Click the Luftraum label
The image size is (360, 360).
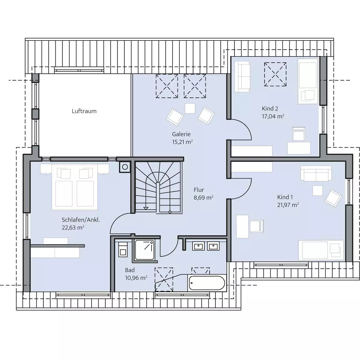coord(84,111)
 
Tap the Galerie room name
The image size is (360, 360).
coord(181,134)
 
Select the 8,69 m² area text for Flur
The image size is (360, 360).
coord(203,197)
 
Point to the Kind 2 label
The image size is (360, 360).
coord(270,109)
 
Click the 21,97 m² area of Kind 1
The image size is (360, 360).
coord(288,205)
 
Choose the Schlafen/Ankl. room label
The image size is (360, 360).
coord(81,220)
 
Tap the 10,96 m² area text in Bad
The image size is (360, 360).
coord(136,278)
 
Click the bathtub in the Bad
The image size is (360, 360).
coord(207,283)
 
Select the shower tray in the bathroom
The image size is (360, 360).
coord(145,250)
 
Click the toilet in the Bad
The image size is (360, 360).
coord(123,249)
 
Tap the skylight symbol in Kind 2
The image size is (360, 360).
coord(275,74)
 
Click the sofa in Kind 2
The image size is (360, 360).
coord(242,76)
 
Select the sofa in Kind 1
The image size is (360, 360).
coord(316,173)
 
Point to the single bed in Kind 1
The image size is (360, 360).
coord(321,250)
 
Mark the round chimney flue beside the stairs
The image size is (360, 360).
coord(125,167)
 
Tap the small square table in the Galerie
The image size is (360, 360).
coord(190,108)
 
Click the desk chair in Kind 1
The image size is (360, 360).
coord(257,226)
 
